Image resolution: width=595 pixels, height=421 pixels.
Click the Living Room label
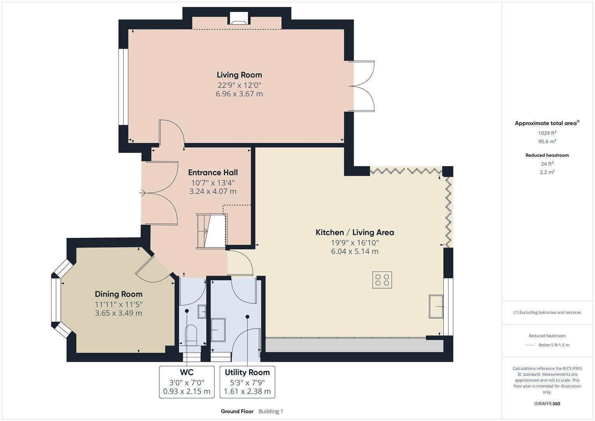239,75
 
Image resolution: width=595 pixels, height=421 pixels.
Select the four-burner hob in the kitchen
382,280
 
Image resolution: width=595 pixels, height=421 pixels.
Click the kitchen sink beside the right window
436,306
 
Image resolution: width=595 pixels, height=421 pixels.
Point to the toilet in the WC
191,335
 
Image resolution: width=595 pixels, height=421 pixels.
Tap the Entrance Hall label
213,172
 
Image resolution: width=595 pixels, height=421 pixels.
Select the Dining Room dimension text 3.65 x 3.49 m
118,313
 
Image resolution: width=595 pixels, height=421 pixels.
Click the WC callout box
187,382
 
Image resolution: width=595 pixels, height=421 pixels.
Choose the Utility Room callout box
247,382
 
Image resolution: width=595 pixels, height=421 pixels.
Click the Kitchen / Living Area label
355,232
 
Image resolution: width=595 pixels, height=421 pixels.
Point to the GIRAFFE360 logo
547,403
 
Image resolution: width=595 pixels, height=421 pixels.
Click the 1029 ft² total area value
547,133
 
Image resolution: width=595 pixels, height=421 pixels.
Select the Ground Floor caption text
237,411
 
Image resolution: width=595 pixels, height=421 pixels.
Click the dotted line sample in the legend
530,345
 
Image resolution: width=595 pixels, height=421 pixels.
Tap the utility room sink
218,330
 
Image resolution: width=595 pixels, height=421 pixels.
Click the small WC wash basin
202,311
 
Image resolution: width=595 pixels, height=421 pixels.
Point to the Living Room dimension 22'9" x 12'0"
239,85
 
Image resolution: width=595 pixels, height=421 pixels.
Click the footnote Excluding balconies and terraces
547,312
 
